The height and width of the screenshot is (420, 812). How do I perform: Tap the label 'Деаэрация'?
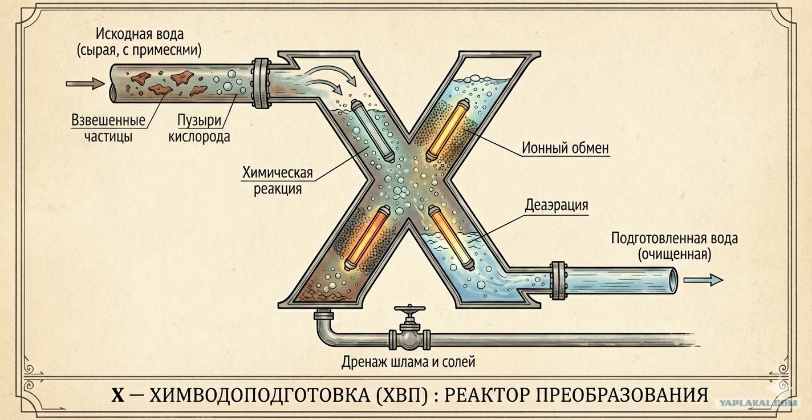click(x=556, y=205)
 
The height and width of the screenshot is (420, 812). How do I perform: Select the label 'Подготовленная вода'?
click(x=674, y=238)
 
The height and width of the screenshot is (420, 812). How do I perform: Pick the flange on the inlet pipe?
click(x=261, y=83)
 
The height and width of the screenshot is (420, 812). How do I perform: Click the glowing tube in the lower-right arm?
click(x=449, y=237)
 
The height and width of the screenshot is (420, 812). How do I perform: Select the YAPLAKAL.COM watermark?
click(x=755, y=402)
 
